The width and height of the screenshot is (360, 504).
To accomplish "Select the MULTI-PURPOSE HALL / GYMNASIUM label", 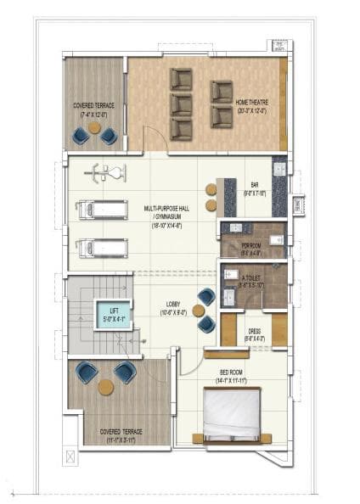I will tap(169, 211).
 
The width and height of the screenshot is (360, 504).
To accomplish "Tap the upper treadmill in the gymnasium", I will tap(100, 210).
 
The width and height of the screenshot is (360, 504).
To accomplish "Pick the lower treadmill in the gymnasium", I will tap(100, 248).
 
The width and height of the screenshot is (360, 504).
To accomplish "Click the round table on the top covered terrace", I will tap(94, 128).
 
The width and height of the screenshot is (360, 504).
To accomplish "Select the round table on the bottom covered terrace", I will tap(105, 387).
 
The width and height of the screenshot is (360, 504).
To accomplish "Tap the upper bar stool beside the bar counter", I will tap(211, 188).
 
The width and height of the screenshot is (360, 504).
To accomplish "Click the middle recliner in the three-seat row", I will tap(181, 104).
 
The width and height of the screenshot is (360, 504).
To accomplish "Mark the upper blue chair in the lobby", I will tap(206, 296).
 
